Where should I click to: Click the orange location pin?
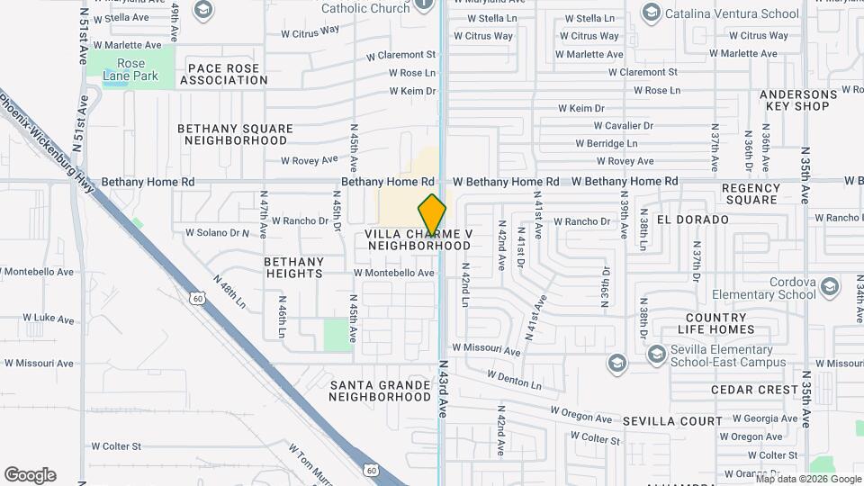(x=432, y=215)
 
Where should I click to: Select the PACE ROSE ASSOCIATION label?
(x=223, y=74)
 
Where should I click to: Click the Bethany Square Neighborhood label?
(x=235, y=134)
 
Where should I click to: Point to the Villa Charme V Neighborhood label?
(x=418, y=239)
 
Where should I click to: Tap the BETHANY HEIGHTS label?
(x=293, y=267)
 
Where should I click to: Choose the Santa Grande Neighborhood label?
(x=380, y=391)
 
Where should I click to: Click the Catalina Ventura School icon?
(x=652, y=13)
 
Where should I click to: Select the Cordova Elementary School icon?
(x=829, y=286)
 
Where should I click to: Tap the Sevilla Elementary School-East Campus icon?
(x=616, y=362)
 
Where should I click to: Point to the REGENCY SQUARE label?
(x=750, y=193)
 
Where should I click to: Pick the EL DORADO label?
(x=692, y=220)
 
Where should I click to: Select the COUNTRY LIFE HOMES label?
(x=716, y=323)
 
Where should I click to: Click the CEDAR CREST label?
(x=754, y=390)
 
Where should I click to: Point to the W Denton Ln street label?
(x=514, y=379)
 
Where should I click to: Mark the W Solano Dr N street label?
(x=216, y=232)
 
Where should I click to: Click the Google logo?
(x=30, y=475)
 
